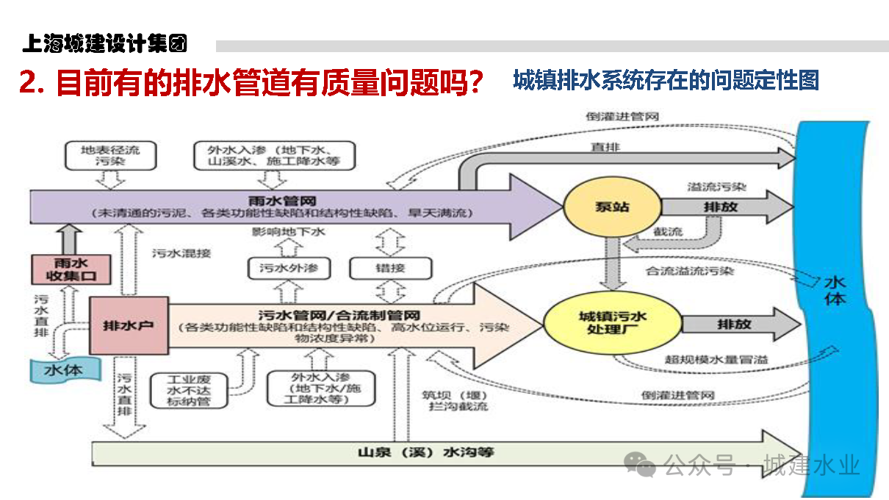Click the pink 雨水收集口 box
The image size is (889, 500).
[x=71, y=269]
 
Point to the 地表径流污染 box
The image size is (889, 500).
[x=111, y=154]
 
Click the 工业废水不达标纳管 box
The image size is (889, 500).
[x=187, y=391]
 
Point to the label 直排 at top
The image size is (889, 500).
[x=605, y=148]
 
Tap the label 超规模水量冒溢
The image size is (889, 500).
[x=705, y=360]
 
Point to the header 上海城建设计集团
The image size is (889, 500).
[x=104, y=43]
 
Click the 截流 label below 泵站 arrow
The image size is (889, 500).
[x=667, y=232]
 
